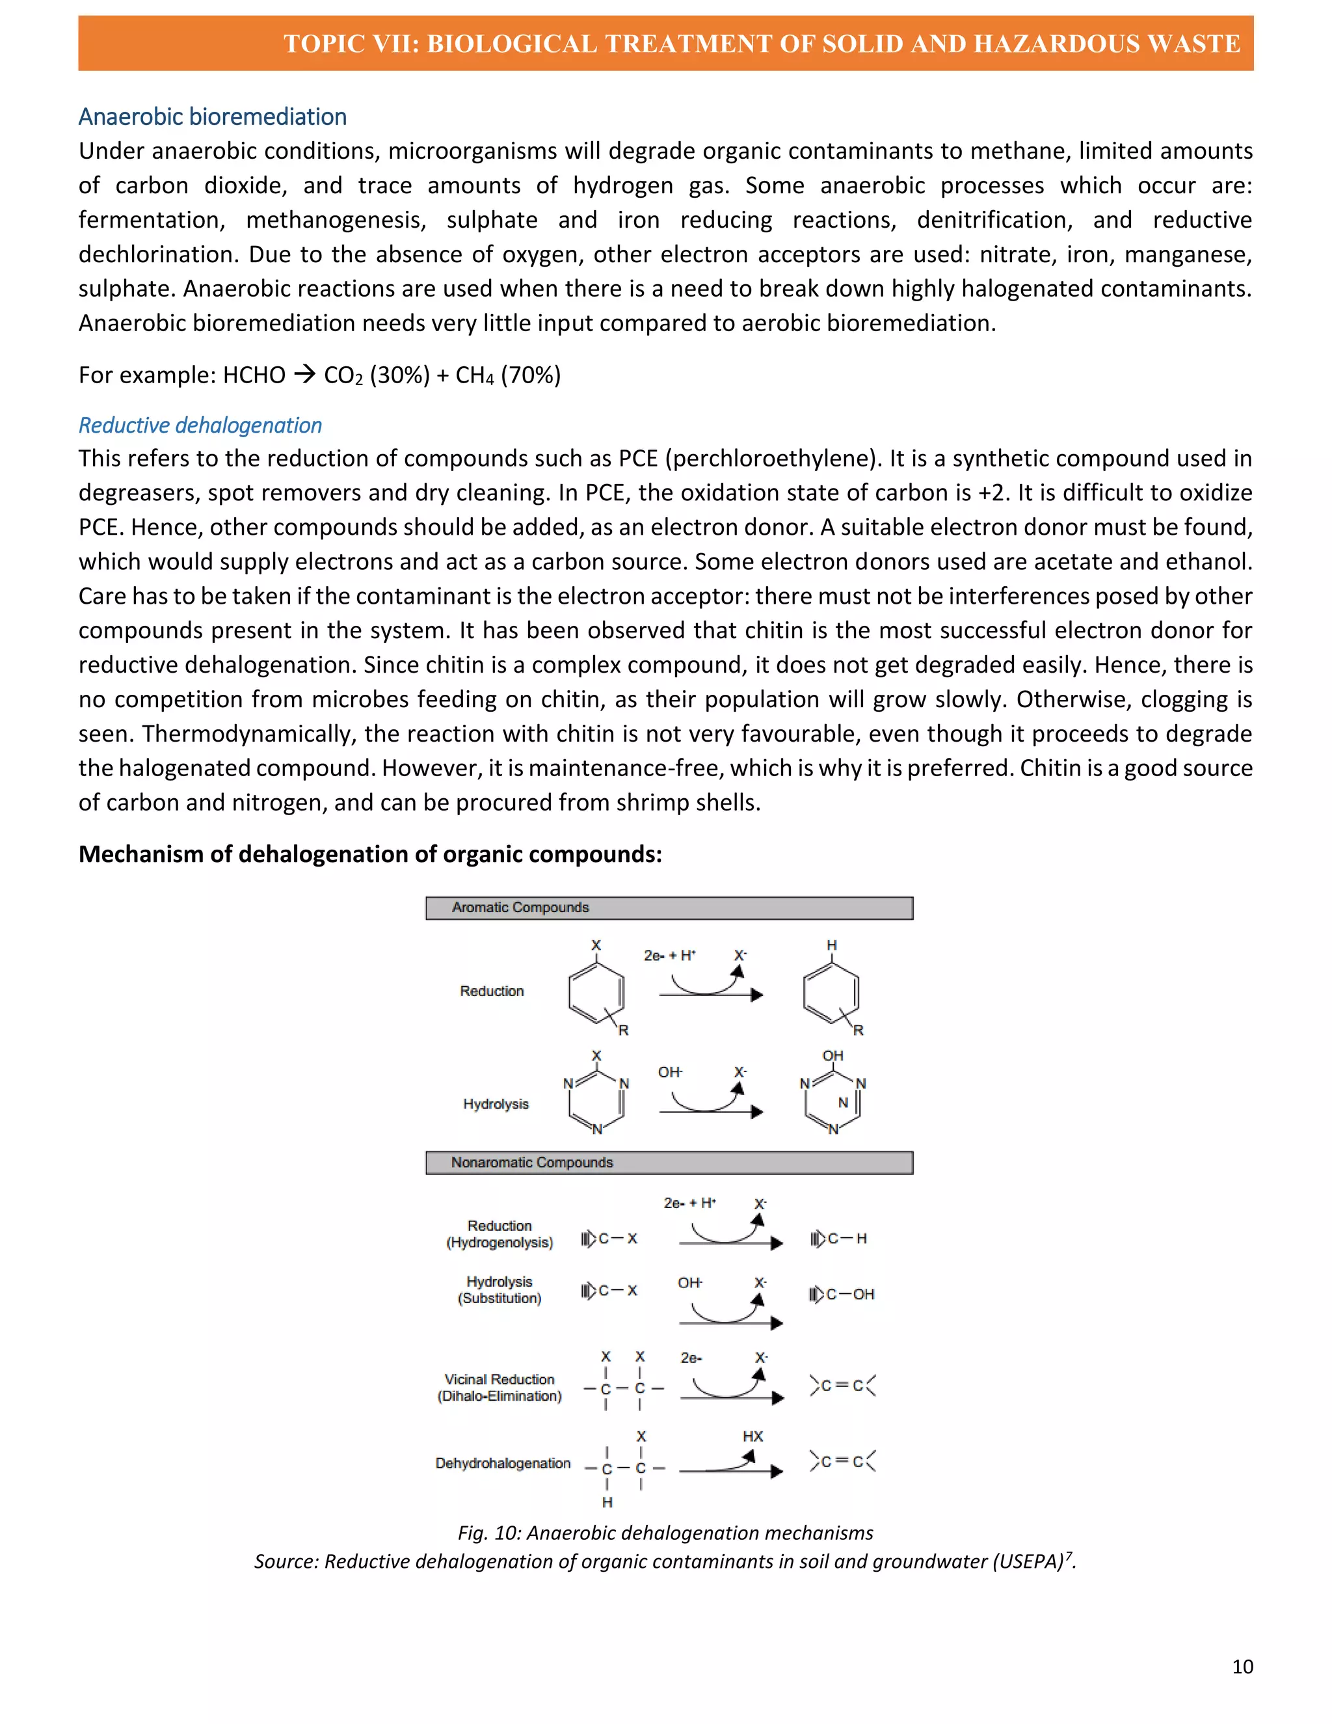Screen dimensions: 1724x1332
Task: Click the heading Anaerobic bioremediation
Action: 212,117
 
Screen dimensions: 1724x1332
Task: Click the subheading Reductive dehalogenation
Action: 200,425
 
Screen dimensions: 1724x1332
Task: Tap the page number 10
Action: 1242,1666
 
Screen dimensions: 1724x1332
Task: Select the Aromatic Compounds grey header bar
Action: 669,908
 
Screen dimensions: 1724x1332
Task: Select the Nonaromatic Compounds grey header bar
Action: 669,1163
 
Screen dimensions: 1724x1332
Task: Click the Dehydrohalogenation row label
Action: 503,1462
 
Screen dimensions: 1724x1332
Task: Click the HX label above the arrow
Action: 752,1436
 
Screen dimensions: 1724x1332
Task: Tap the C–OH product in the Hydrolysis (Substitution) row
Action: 850,1294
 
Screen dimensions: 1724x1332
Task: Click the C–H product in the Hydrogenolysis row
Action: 847,1239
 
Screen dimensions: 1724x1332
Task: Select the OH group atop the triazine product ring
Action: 832,1055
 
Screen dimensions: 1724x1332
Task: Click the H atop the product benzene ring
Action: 831,945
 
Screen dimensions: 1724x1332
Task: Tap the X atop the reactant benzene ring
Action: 596,945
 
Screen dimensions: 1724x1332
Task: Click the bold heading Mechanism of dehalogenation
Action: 369,854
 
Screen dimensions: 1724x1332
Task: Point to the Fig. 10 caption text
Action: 665,1532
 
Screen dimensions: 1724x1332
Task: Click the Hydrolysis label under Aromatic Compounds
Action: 496,1103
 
